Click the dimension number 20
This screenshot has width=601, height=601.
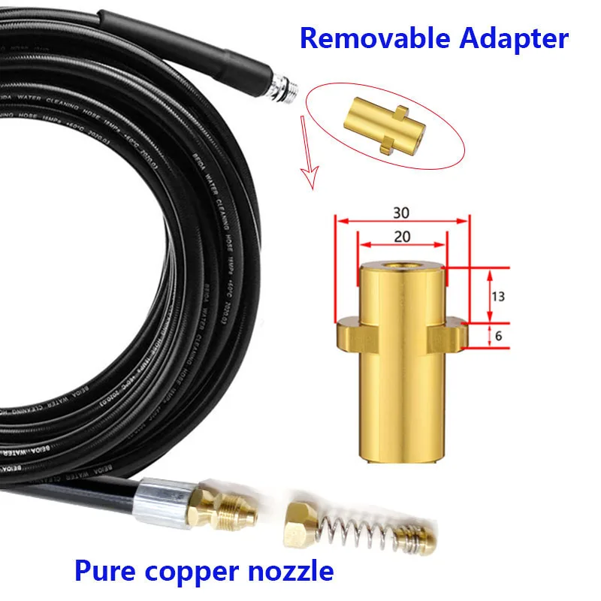pyautogui.click(x=403, y=236)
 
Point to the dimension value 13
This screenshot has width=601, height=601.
pyautogui.click(x=497, y=296)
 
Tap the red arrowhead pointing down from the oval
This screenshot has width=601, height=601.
pyautogui.click(x=306, y=183)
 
